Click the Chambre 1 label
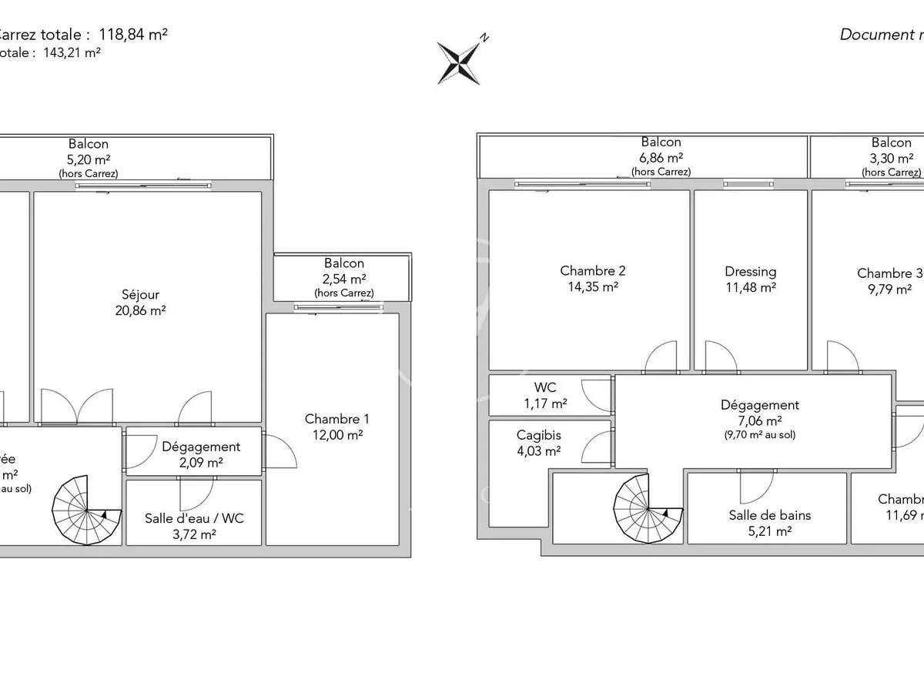[336, 419]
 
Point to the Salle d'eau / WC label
[194, 518]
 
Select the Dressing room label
[750, 271]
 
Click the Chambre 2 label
[592, 270]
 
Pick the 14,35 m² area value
[592, 287]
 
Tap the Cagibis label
[538, 435]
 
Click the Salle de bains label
[770, 515]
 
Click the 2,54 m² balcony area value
[343, 279]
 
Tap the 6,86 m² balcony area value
[661, 157]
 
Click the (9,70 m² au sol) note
[760, 434]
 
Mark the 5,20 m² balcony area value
[89, 159]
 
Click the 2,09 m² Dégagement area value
[200, 462]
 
